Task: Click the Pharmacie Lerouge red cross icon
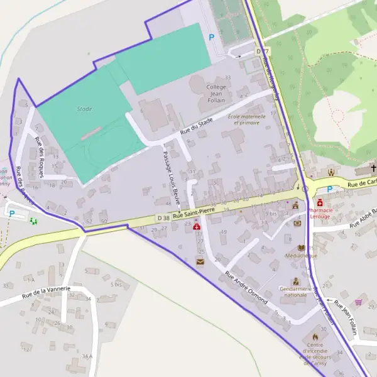click(x=320, y=203)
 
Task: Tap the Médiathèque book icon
click(x=302, y=248)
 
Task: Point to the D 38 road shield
click(x=163, y=217)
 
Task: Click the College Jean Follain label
click(x=215, y=94)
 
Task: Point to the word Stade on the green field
click(x=84, y=109)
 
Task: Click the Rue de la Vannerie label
click(x=44, y=293)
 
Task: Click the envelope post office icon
click(x=200, y=261)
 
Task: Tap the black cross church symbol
click(x=373, y=168)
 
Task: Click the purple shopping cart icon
click(x=359, y=302)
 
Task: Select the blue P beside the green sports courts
click(x=211, y=38)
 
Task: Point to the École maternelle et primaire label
click(x=244, y=119)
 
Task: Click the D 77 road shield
click(x=262, y=50)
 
